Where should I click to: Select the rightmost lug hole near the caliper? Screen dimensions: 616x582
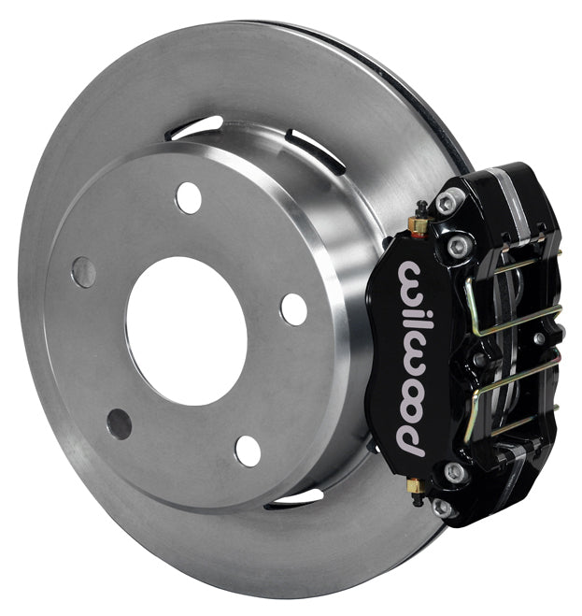click(x=293, y=308)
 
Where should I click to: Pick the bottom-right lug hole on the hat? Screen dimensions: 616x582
click(x=248, y=450)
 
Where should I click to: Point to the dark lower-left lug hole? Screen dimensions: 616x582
click(x=119, y=423)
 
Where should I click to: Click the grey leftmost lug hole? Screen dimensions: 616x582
click(x=83, y=272)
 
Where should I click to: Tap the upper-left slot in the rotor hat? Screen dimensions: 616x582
click(x=197, y=127)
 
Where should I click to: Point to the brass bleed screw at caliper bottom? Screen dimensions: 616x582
click(x=418, y=486)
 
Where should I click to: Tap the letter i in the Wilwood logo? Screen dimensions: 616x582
click(x=408, y=305)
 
